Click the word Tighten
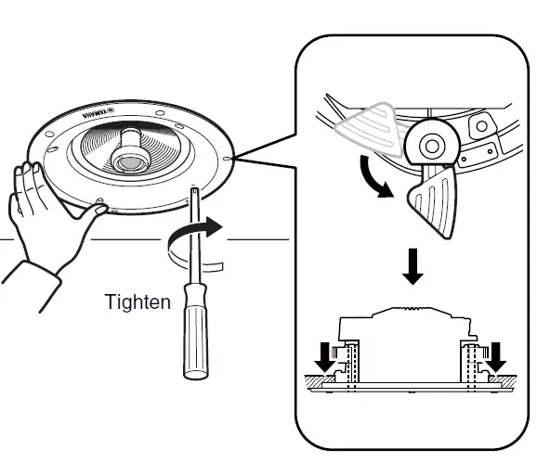click(138, 302)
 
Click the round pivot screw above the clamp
click(431, 143)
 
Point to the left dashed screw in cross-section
click(351, 366)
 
